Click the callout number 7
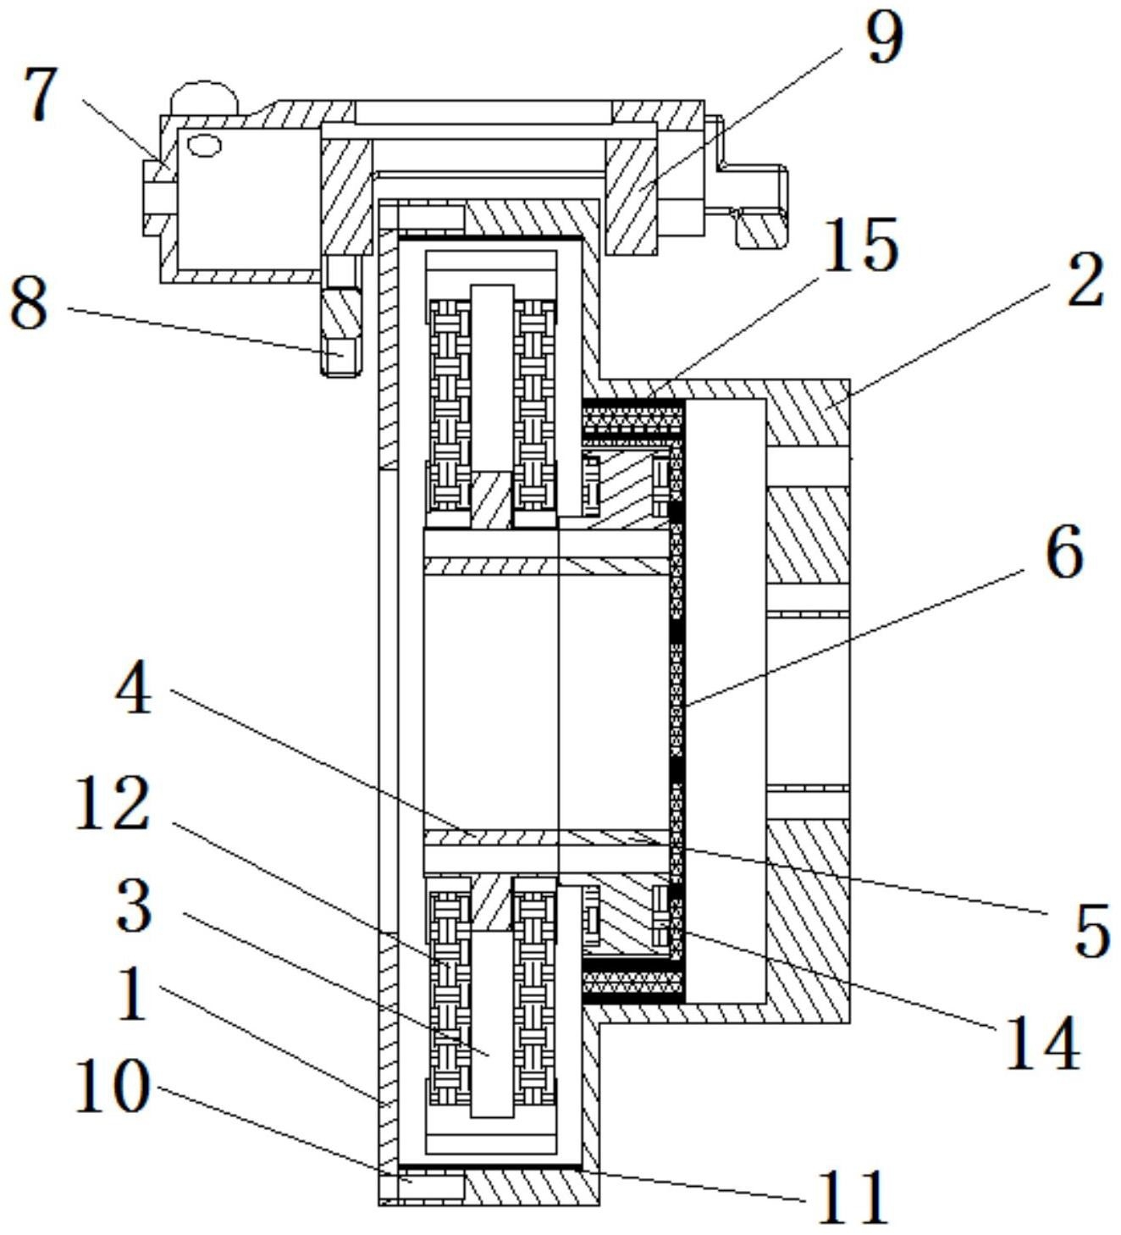click(x=41, y=93)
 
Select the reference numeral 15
click(x=860, y=245)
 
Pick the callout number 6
click(x=1064, y=551)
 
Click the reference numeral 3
click(x=135, y=904)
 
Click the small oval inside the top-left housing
click(x=204, y=146)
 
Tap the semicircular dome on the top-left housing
click(x=204, y=97)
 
